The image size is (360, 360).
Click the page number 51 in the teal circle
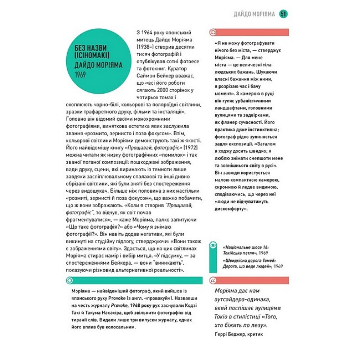pyautogui.click(x=283, y=14)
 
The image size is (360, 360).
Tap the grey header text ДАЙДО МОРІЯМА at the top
pyautogui.click(x=254, y=14)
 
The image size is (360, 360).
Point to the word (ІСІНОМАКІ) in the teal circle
pyautogui.click(x=88, y=55)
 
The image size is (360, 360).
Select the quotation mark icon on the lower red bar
pyautogui.click(x=213, y=280)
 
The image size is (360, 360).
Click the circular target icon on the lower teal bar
pyautogui.click(x=70, y=280)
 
